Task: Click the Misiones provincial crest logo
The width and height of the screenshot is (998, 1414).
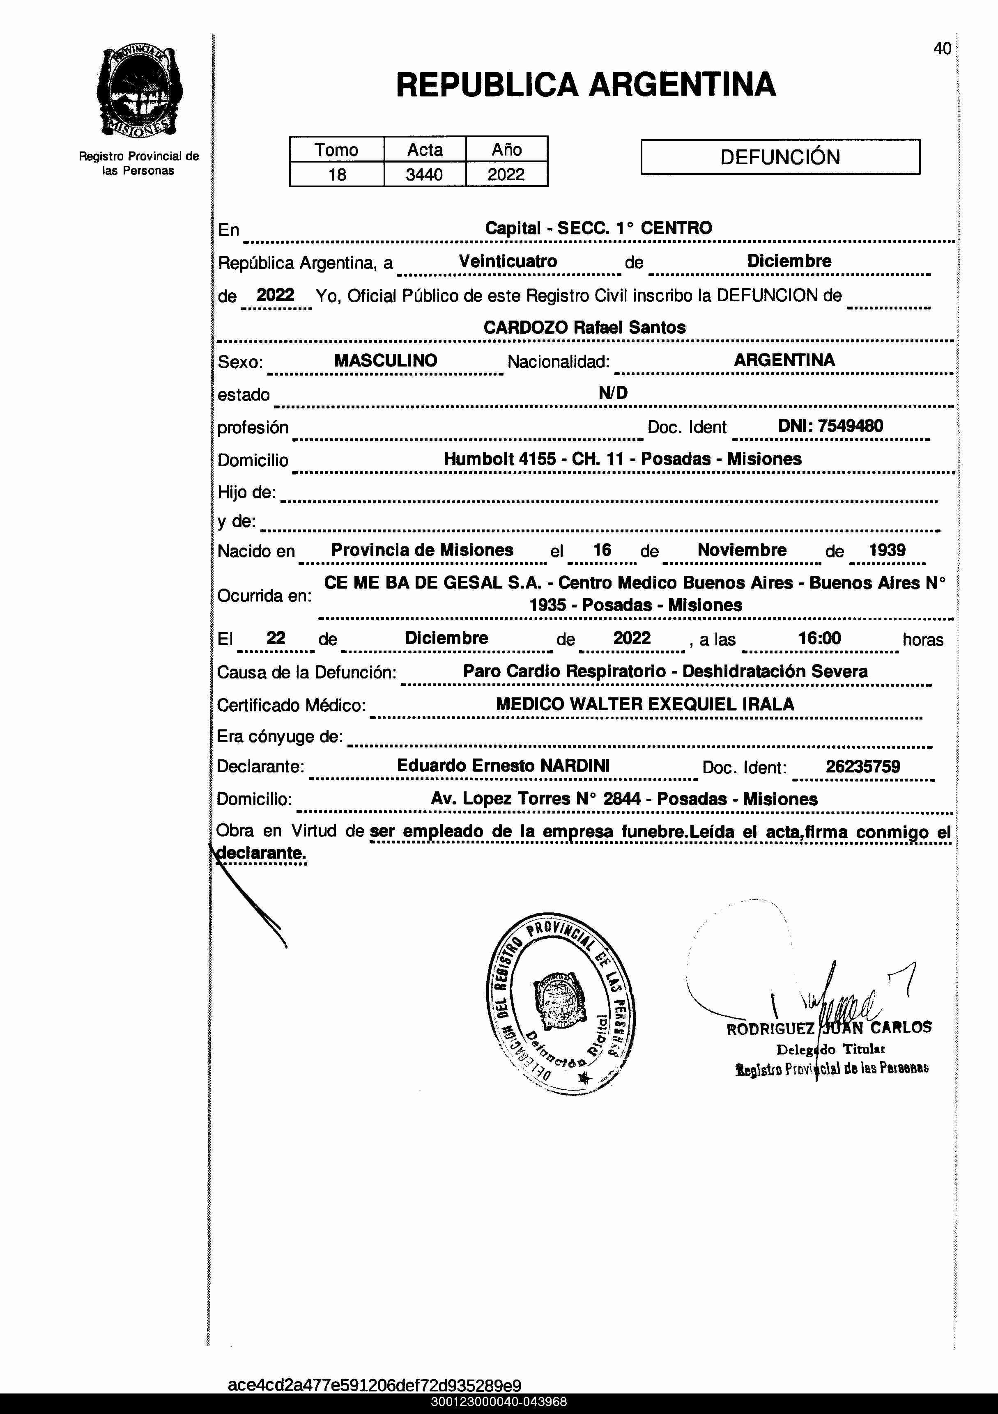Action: (x=139, y=92)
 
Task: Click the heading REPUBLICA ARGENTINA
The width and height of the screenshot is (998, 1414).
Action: (x=585, y=85)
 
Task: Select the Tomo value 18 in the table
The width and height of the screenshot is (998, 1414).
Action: (x=337, y=175)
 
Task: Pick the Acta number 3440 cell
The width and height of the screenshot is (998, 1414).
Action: (x=425, y=175)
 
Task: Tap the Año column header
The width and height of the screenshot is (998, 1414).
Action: (x=506, y=150)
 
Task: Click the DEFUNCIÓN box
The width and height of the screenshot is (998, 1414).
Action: (x=780, y=157)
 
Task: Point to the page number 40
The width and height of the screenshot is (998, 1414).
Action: (x=942, y=49)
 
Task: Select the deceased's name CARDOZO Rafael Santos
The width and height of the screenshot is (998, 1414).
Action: (x=584, y=328)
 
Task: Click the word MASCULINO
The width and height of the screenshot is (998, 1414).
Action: (x=386, y=361)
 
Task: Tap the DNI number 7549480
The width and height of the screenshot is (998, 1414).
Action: (x=850, y=426)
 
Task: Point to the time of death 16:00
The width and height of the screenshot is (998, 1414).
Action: (x=819, y=638)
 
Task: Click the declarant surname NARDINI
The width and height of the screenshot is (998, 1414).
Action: (x=575, y=765)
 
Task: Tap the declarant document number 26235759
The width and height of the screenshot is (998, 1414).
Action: (x=862, y=767)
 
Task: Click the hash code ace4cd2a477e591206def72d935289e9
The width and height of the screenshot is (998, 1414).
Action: (x=374, y=1385)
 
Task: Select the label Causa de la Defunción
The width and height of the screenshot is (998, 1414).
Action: (x=306, y=672)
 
